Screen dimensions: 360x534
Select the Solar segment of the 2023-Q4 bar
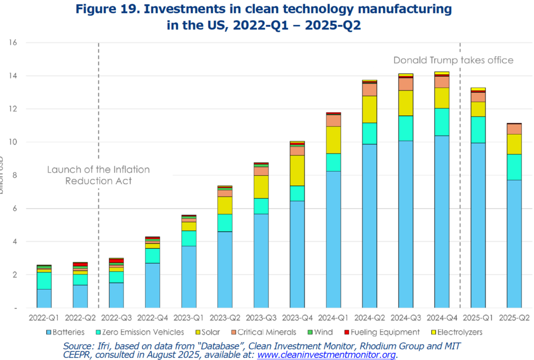tap(297, 170)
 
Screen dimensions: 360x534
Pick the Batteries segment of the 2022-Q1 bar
tap(44, 298)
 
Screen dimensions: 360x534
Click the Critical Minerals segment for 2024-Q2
tap(369, 89)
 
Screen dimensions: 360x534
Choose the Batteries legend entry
tap(68, 332)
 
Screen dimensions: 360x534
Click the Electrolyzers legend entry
tap(458, 332)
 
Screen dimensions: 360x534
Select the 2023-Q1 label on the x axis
tap(188, 317)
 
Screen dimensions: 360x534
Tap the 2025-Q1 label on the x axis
tap(478, 317)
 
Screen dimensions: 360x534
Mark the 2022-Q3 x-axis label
tap(116, 317)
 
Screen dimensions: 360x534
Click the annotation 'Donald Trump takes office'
tap(453, 60)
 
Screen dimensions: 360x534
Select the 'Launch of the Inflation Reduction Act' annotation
tap(99, 175)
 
